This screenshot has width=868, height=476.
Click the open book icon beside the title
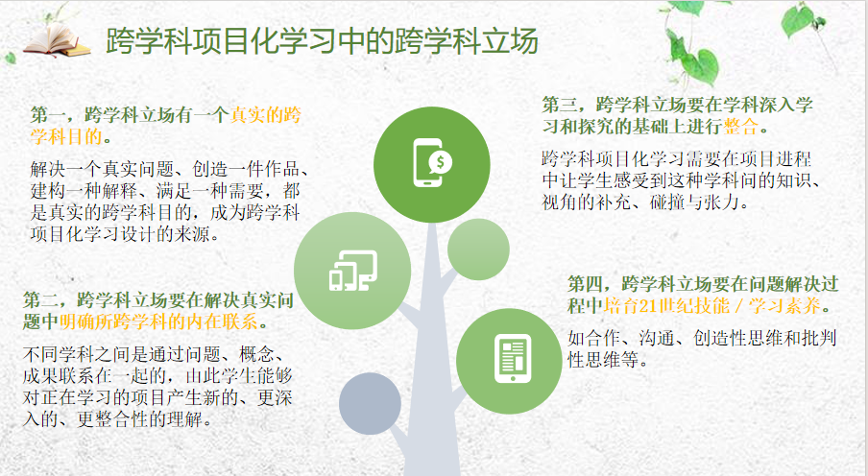click(x=57, y=40)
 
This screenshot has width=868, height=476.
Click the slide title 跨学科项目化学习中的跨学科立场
click(x=322, y=41)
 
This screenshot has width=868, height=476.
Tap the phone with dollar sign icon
click(x=432, y=162)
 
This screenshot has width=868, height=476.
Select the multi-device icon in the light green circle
click(x=353, y=271)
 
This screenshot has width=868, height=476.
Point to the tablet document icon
click(x=513, y=359)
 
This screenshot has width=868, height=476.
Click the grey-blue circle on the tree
click(x=370, y=403)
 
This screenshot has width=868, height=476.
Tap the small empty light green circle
click(x=478, y=250)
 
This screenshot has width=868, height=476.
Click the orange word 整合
click(x=740, y=127)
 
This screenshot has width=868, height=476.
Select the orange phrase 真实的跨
click(x=266, y=114)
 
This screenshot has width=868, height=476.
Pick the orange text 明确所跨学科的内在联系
click(x=158, y=321)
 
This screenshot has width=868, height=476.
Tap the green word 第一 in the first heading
click(x=48, y=114)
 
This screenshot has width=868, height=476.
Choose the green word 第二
click(x=41, y=300)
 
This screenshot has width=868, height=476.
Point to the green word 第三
click(x=560, y=105)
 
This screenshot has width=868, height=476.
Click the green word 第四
click(x=586, y=284)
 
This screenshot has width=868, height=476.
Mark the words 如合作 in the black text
click(x=594, y=338)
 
